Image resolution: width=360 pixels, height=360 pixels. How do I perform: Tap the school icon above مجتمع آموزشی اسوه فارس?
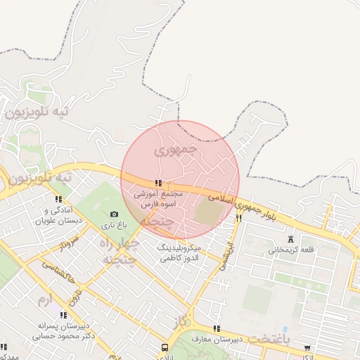tap(157, 184)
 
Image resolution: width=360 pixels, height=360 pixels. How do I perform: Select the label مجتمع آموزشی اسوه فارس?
tap(157, 199)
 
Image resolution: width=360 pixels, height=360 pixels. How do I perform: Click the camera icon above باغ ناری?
tap(115, 214)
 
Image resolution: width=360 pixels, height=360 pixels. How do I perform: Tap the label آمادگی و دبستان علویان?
tap(58, 215)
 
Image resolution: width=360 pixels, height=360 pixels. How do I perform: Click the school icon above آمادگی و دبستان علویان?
tap(58, 200)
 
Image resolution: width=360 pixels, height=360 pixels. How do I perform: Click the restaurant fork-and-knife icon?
tap(238, 219)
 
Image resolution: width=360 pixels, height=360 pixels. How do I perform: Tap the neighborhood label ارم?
tap(44, 301)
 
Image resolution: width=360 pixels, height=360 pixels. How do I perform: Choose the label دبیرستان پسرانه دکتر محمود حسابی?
tap(63, 331)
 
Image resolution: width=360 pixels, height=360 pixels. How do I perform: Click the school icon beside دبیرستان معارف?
tap(217, 328)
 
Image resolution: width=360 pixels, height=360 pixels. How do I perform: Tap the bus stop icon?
tap(165, 347)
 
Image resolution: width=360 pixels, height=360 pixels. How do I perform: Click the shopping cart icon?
tap(307, 347)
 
